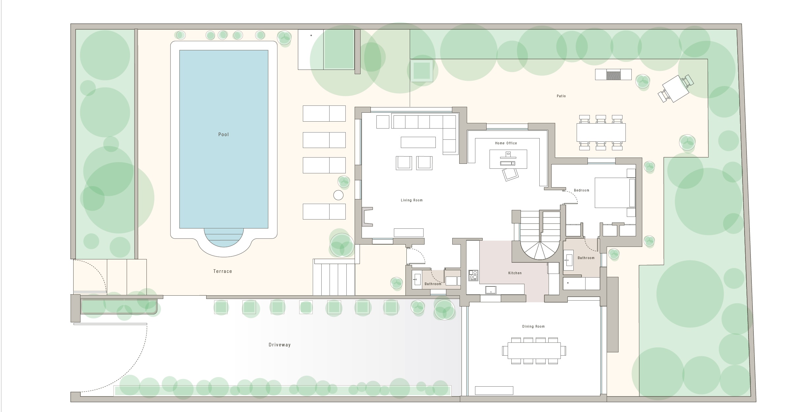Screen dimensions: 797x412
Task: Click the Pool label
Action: click(x=223, y=134)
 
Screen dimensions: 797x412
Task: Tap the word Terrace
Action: click(x=223, y=271)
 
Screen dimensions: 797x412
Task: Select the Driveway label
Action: click(x=279, y=345)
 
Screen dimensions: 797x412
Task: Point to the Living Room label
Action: click(x=411, y=200)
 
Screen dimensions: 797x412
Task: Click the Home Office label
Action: click(x=506, y=143)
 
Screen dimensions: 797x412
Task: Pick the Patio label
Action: click(x=561, y=96)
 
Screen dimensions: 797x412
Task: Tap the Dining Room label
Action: click(x=533, y=326)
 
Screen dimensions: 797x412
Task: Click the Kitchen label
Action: click(x=515, y=273)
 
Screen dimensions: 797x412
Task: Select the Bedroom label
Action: click(x=581, y=190)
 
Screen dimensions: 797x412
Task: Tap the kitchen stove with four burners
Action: click(x=473, y=275)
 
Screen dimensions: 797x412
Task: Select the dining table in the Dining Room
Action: click(x=534, y=351)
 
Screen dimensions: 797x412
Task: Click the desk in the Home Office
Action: click(x=508, y=159)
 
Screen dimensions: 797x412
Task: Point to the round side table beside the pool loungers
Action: click(x=338, y=195)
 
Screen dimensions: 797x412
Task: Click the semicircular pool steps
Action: click(x=224, y=237)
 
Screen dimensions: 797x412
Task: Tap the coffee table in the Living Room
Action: click(x=418, y=142)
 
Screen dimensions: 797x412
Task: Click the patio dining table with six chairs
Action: click(x=601, y=132)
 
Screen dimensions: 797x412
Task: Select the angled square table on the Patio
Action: click(x=676, y=89)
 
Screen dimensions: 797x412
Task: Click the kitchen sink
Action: click(x=491, y=290)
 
